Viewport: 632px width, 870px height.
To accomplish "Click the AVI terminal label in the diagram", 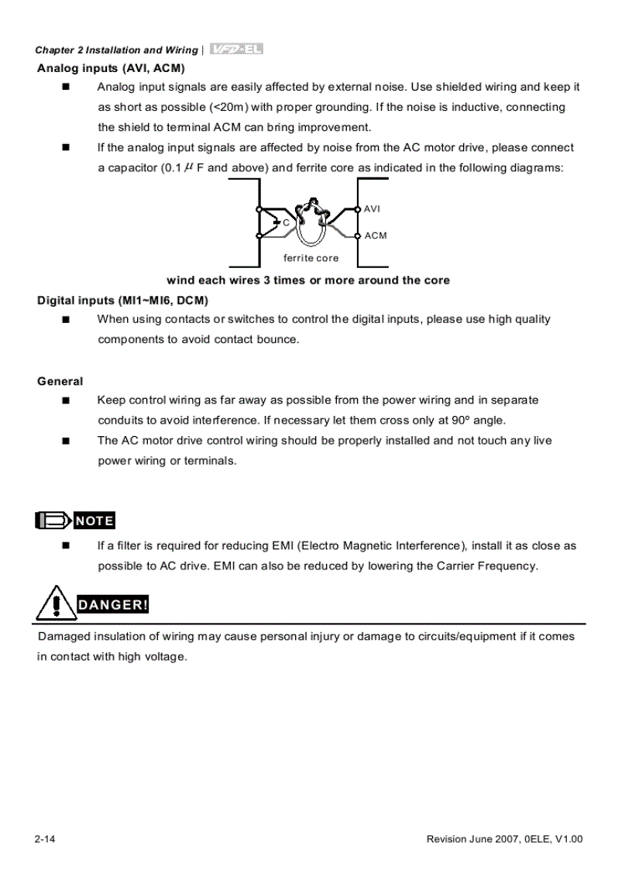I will (x=373, y=209).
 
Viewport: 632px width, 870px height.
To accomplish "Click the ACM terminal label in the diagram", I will (x=376, y=236).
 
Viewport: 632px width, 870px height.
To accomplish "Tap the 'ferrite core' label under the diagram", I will (x=311, y=258).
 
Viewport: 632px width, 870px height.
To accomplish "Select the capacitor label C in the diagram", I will (x=285, y=222).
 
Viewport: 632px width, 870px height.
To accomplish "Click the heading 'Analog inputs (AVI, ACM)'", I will (x=111, y=68).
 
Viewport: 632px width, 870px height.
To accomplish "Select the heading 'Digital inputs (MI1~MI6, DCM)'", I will (x=123, y=300).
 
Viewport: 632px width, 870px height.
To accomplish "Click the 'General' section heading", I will (x=60, y=381).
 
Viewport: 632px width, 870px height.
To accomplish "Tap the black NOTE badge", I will (x=94, y=521).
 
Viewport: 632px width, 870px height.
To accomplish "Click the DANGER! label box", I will (x=112, y=605).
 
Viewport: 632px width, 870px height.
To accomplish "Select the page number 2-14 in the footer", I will (x=44, y=840).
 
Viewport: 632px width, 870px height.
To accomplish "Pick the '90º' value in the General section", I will (x=462, y=421).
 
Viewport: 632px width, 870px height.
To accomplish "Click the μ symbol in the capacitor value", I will (x=188, y=167).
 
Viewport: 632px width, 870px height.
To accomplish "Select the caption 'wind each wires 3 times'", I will (x=308, y=280).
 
